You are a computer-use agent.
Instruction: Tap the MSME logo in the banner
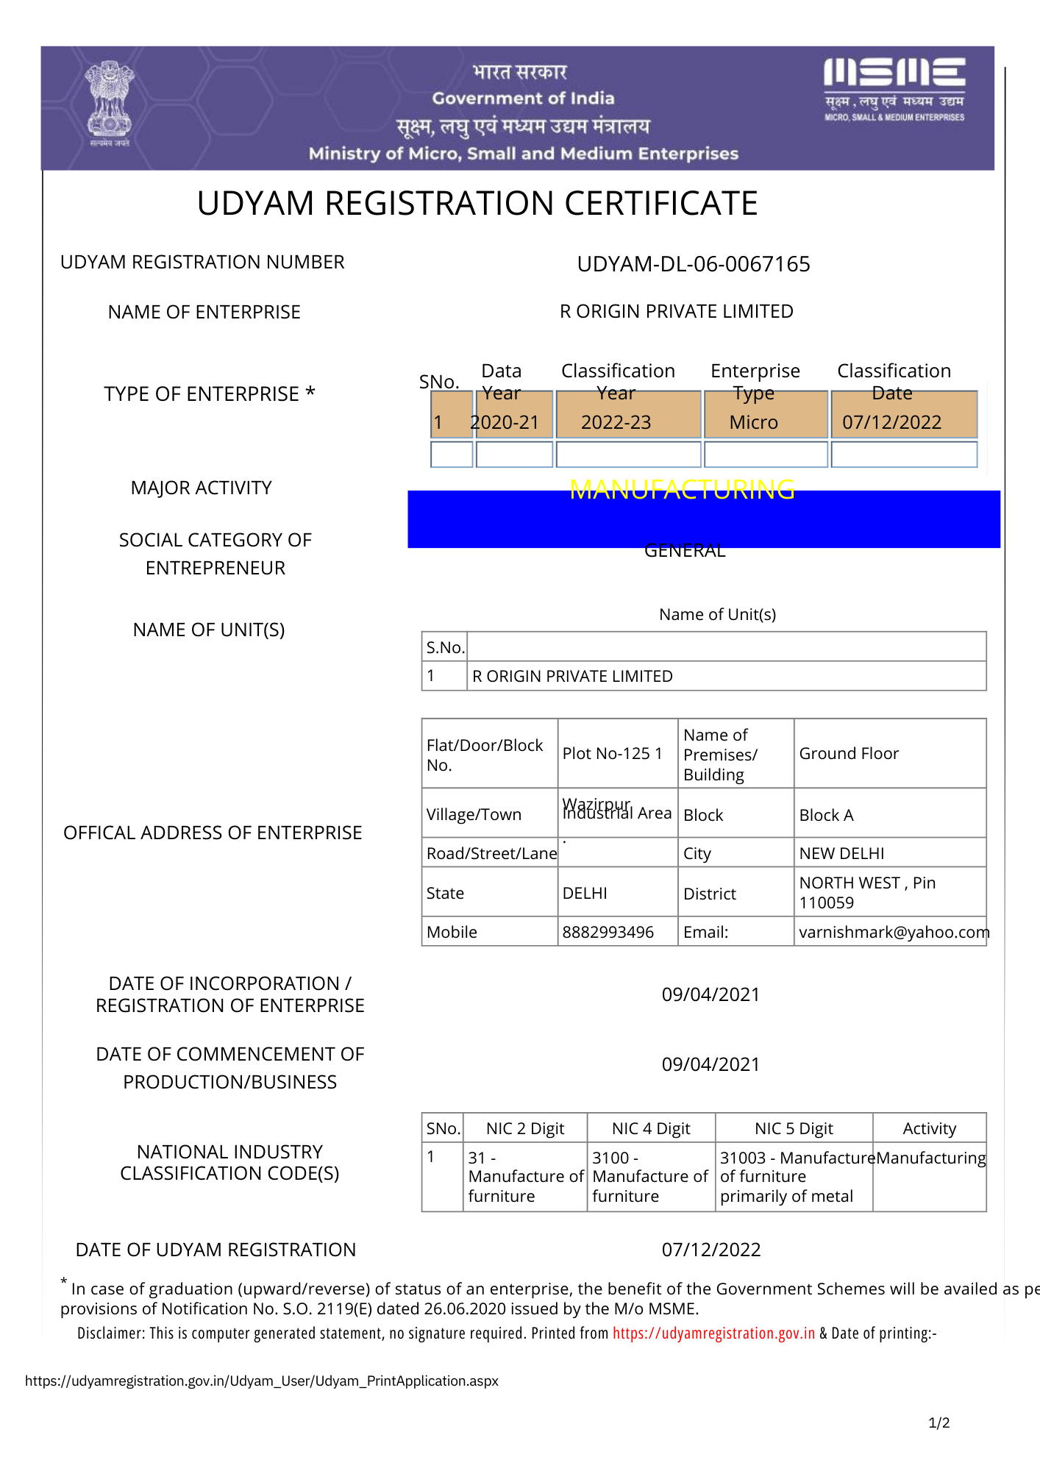[894, 89]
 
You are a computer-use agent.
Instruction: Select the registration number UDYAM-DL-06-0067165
[693, 264]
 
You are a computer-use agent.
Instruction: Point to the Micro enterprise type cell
[753, 422]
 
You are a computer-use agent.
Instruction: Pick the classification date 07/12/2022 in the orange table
[891, 422]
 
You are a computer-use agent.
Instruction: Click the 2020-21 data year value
[505, 422]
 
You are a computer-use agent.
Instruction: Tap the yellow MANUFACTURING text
[682, 489]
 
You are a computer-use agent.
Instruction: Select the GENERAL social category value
[684, 551]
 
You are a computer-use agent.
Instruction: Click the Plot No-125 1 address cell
[612, 754]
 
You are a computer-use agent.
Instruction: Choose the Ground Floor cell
[849, 754]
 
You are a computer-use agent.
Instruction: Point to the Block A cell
[826, 816]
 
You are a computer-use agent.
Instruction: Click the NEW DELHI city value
[841, 854]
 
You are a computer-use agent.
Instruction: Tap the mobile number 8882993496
[608, 933]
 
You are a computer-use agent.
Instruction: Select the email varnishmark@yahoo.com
[893, 933]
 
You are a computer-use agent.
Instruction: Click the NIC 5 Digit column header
[794, 1129]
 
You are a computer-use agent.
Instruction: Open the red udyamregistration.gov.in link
[713, 1333]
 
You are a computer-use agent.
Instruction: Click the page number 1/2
[939, 1423]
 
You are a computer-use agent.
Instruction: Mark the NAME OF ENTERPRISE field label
[204, 313]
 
